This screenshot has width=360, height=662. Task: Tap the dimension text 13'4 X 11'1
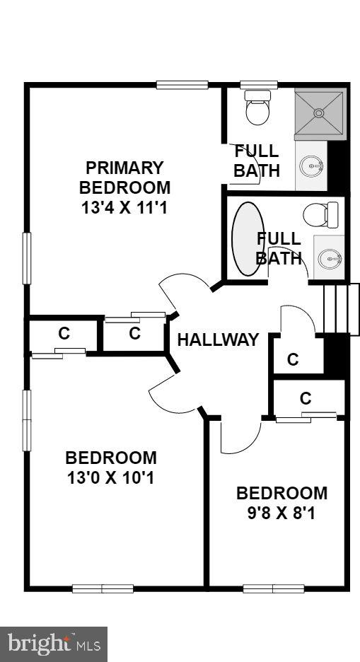click(x=124, y=208)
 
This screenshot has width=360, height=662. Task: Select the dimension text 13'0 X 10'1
click(x=111, y=477)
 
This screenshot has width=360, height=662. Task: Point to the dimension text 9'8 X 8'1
click(x=281, y=513)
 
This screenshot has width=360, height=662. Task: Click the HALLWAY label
click(x=218, y=339)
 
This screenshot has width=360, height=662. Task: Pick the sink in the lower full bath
click(x=329, y=258)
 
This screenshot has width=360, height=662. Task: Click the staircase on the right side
click(x=337, y=310)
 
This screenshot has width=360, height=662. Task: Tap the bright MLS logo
click(x=54, y=644)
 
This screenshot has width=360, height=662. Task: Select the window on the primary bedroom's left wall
click(x=27, y=259)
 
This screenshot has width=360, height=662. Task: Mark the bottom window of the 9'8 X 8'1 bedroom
click(x=274, y=588)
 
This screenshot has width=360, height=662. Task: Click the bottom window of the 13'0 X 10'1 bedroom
click(x=103, y=588)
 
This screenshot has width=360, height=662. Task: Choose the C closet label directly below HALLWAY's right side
click(x=293, y=359)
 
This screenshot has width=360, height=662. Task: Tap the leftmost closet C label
click(x=64, y=334)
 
